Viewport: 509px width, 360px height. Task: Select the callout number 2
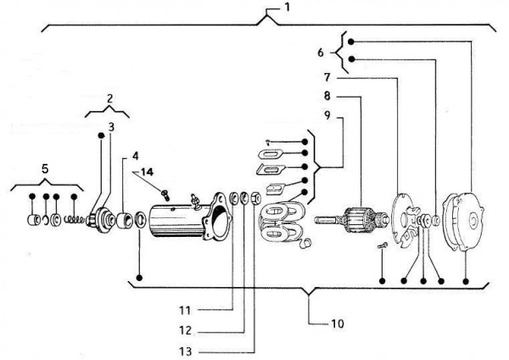[108, 99]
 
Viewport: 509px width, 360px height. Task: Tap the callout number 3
[110, 127]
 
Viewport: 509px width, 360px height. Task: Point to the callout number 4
[134, 156]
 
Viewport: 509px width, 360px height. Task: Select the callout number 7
[326, 77]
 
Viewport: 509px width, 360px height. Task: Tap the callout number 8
[326, 95]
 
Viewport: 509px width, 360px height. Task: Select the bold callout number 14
[147, 172]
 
